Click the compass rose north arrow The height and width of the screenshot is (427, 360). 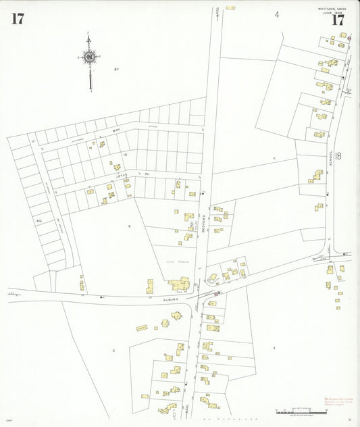pos(90,59)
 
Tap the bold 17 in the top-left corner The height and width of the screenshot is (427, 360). pos(18,18)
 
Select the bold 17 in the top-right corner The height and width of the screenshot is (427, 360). pos(338,19)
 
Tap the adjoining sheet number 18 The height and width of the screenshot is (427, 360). pos(337,156)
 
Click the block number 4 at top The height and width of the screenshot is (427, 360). pos(276,14)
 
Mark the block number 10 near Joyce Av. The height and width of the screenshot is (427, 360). pos(124,155)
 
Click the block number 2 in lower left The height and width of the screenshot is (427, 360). pos(113,350)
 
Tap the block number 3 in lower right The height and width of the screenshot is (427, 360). pos(274,348)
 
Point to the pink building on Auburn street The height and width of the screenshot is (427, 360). pos(217,293)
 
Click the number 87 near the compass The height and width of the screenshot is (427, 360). pos(116,69)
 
